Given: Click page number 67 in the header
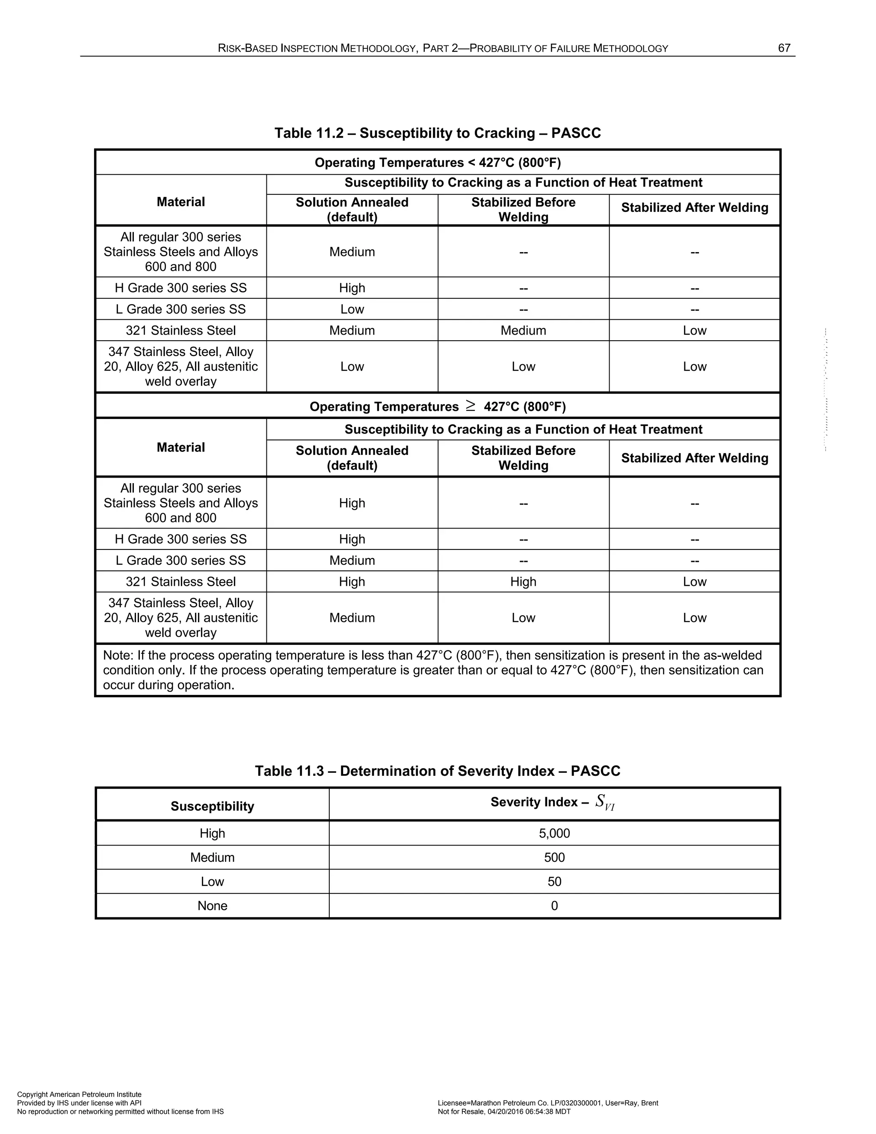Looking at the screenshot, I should pos(784,48).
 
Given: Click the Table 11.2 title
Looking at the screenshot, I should pos(438,133).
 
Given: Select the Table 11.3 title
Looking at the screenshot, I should pos(438,771).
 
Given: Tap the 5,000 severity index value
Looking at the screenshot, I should pos(554,833).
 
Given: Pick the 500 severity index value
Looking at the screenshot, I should pos(554,857).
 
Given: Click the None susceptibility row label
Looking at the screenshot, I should pos(212,905).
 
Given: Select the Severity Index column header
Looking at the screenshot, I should pos(553,802).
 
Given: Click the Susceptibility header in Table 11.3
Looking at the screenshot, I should pos(212,806).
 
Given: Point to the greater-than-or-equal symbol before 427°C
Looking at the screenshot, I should pos(470,406).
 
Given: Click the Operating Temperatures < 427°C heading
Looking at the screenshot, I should pos(438,163).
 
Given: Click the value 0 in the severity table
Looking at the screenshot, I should pos(554,905).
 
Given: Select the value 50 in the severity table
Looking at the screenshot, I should pos(554,882).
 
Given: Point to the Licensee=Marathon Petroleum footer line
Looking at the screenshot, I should pos(547,1103).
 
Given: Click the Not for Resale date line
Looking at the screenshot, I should pos(504,1112).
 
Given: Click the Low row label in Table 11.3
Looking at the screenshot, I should pos(212,882).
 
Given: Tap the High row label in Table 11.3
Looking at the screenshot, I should pos(212,833).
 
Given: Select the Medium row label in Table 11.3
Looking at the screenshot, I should pos(212,857).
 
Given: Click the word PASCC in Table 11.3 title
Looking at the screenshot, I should pos(595,771).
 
